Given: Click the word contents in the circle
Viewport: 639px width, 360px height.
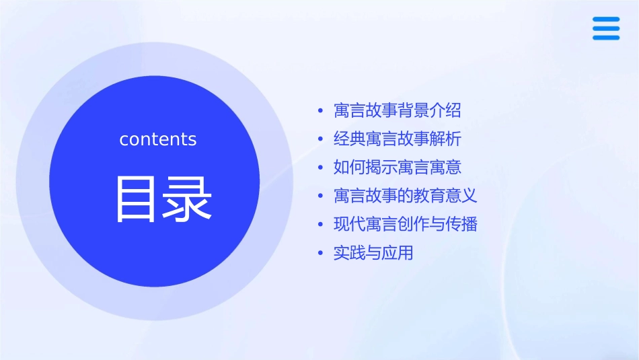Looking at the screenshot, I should coord(158,139).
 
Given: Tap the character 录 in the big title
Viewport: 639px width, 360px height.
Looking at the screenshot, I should coord(186,199).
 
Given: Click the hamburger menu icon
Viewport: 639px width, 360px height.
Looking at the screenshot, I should coord(606,28).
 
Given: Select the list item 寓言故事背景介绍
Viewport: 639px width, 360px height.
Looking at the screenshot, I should coord(398,110).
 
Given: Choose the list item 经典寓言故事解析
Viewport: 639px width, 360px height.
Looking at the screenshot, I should coord(398,139).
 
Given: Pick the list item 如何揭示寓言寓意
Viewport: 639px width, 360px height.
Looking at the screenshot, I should coord(398,167).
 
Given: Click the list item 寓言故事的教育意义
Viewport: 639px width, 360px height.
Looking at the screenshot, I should coord(406,196).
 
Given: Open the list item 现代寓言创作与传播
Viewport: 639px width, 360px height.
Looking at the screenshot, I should coord(406,224).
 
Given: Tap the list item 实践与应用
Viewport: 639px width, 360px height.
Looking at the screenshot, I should coord(373,253).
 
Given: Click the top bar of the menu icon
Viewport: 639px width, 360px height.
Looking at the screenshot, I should coord(606,19).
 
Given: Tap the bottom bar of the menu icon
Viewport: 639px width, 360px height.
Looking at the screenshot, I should coord(606,38).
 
